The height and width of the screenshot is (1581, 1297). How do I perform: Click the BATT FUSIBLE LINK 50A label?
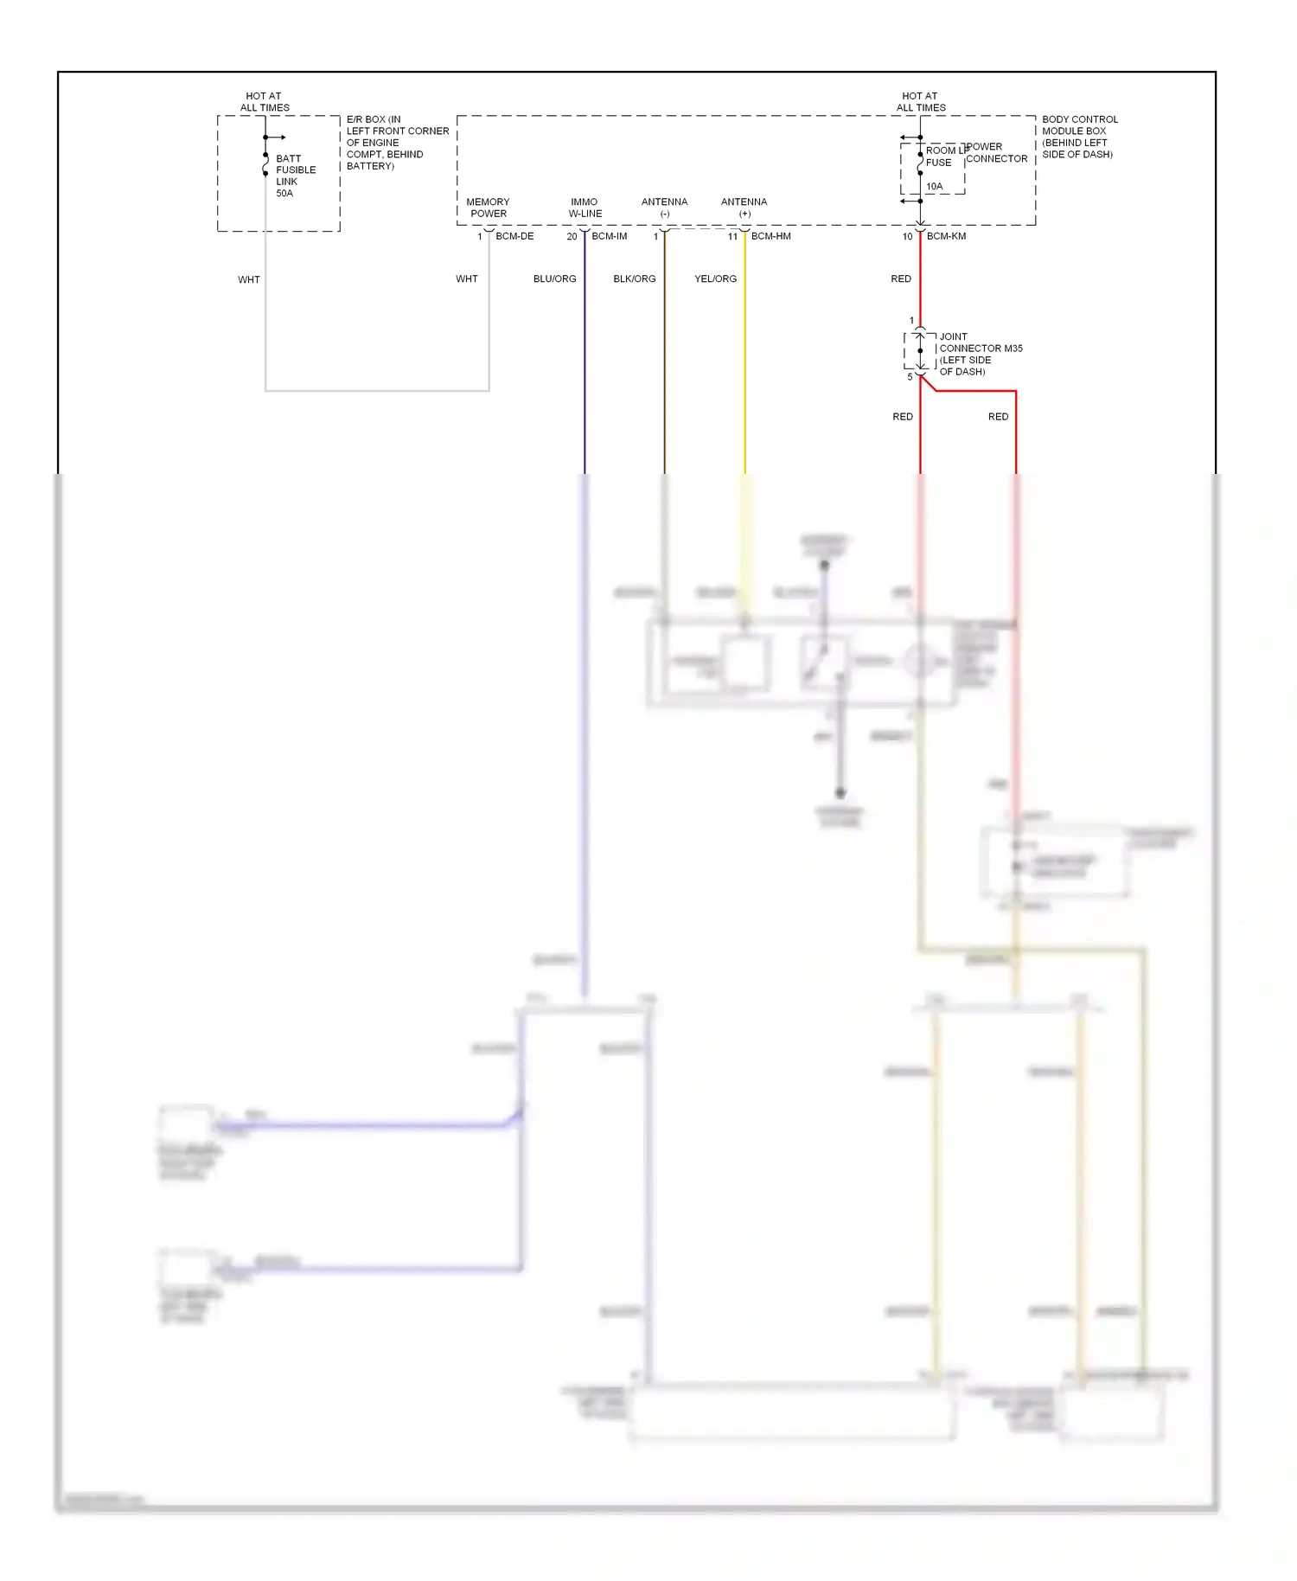point(295,176)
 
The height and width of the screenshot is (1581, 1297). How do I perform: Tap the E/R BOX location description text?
point(397,143)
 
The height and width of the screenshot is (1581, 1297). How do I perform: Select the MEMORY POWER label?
point(488,208)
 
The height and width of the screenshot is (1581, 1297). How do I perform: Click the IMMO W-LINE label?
point(585,208)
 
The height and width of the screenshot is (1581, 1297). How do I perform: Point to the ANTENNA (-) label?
point(664,208)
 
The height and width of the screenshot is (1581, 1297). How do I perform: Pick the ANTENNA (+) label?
point(744,208)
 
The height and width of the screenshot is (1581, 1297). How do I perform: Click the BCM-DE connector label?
point(514,236)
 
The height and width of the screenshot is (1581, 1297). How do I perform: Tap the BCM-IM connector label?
point(609,236)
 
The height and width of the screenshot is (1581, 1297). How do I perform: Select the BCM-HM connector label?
point(770,236)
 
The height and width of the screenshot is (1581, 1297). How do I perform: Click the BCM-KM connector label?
point(946,236)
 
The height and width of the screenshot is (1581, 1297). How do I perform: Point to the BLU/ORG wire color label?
point(554,278)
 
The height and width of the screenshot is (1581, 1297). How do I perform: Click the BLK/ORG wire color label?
point(634,278)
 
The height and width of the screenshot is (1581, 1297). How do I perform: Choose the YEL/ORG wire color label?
point(715,278)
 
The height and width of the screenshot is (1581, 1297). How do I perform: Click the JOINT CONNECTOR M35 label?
point(980,354)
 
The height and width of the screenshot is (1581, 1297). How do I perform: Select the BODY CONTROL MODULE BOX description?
point(1079,137)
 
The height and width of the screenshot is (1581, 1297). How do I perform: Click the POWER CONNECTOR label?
point(996,153)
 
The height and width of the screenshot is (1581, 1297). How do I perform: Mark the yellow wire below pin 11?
point(744,363)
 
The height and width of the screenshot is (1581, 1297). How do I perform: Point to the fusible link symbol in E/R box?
point(265,164)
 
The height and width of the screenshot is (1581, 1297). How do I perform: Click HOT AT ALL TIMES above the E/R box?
point(265,102)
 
